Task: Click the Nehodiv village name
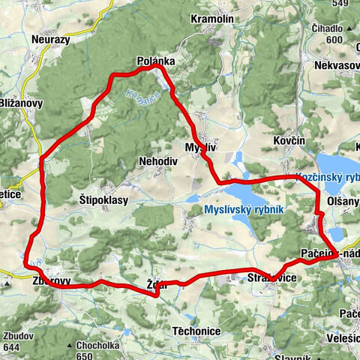click(157, 161)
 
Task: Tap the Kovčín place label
click(289, 141)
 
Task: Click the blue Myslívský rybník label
click(243, 210)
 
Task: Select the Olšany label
click(343, 203)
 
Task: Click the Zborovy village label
click(51, 281)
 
